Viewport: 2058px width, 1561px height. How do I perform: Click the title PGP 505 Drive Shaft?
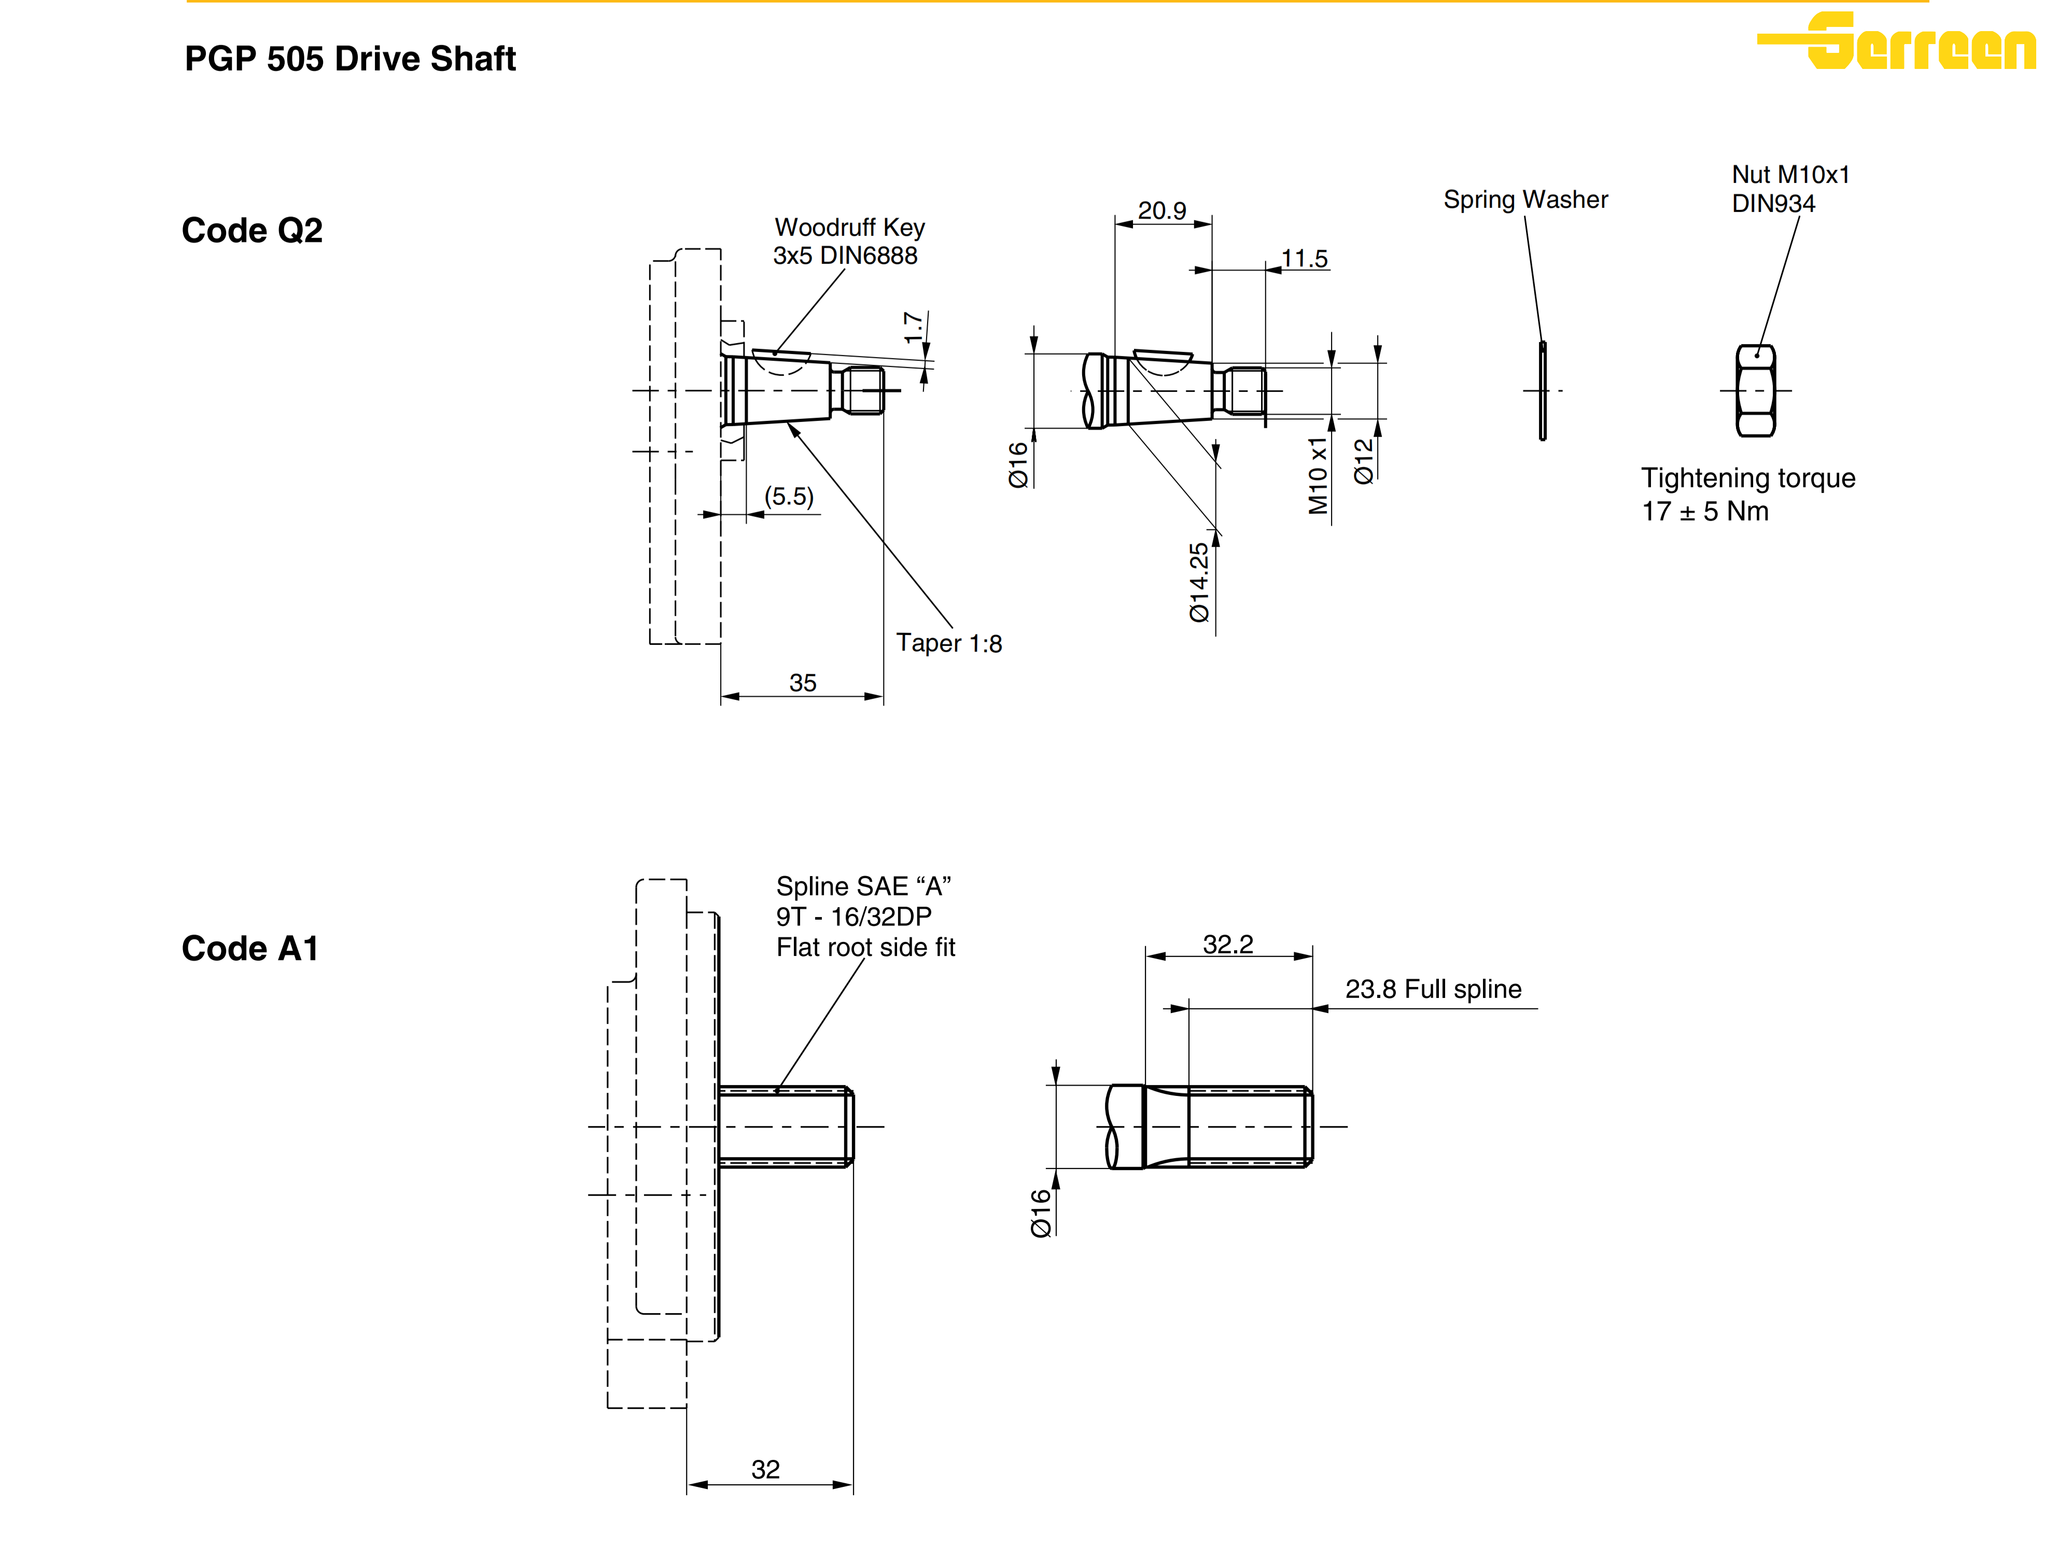tap(350, 59)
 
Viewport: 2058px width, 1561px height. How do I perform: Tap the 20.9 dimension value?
tap(1162, 210)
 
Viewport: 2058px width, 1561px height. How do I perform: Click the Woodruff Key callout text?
tap(848, 241)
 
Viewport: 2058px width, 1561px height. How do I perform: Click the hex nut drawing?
tap(1756, 391)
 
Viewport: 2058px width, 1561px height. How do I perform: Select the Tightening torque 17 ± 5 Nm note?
tap(1747, 494)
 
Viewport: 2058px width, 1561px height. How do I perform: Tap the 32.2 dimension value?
tap(1228, 944)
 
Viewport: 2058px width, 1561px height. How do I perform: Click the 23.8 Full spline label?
tap(1433, 989)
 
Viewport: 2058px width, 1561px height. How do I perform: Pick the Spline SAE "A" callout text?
tap(865, 916)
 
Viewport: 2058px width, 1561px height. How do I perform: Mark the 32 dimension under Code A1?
tap(766, 1469)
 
